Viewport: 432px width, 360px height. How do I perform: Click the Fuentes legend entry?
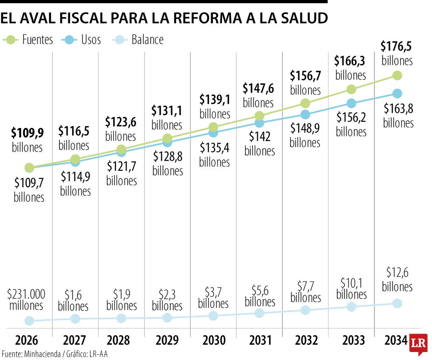(28, 40)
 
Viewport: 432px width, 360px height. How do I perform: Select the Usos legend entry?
(82, 40)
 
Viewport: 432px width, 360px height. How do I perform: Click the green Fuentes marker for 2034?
(397, 75)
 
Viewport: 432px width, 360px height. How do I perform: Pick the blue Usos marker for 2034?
(397, 94)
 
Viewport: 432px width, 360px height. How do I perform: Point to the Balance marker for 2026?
(29, 320)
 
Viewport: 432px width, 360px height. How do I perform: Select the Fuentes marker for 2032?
(305, 103)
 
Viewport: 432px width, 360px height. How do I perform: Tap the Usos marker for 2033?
(351, 103)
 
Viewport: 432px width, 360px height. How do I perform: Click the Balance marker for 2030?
(213, 316)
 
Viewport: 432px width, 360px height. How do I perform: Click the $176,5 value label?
(396, 47)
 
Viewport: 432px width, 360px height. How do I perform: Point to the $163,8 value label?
(398, 109)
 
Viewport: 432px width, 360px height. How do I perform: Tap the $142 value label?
(260, 137)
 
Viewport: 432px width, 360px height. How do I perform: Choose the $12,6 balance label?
(397, 273)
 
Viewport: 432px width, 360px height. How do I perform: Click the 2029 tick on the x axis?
(167, 340)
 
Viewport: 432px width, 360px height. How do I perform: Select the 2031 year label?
(260, 340)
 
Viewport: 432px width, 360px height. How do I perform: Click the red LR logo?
(418, 344)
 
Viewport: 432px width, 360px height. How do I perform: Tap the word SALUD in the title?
(302, 18)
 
